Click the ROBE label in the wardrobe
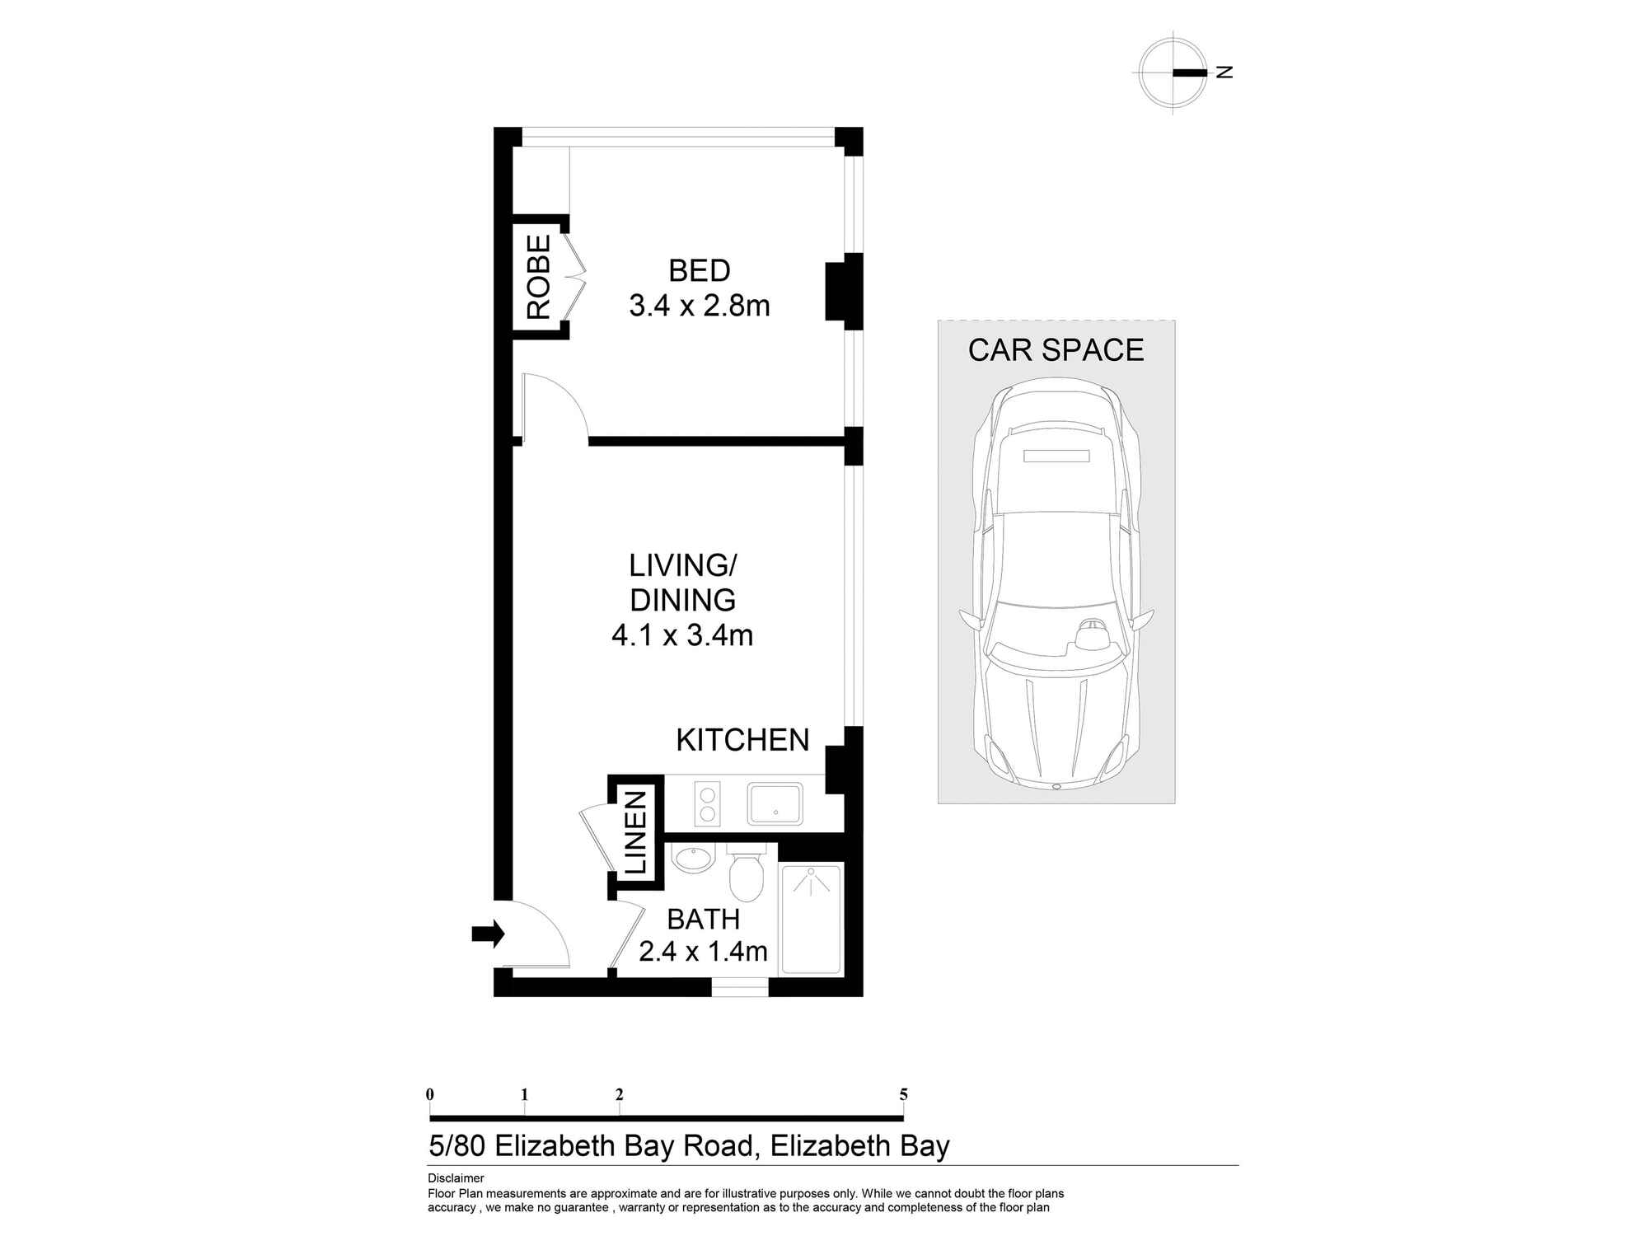coord(538,277)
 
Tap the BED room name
coord(699,271)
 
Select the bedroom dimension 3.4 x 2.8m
coord(699,306)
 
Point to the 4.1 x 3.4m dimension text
coord(682,635)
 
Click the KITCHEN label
coord(742,740)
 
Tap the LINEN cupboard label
coord(636,832)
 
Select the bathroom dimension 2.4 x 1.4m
coord(703,951)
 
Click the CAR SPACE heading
coord(1056,350)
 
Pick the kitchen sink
coord(775,803)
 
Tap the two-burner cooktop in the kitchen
coord(707,803)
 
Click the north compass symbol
coord(1173,73)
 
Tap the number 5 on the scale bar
coord(903,1095)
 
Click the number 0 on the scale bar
coord(430,1095)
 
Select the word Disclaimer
coord(456,1178)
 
